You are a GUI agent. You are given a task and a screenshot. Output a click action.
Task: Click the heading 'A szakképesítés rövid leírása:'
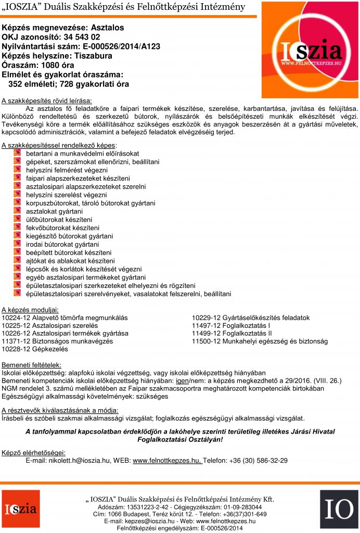(47, 100)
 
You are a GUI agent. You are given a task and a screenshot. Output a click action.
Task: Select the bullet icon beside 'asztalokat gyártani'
(17, 211)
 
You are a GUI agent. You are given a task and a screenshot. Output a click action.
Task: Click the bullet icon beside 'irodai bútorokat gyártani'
(17, 244)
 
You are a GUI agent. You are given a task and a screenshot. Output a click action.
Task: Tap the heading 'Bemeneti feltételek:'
(32, 364)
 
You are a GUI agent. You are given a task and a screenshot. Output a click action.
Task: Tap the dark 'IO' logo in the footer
(339, 509)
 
